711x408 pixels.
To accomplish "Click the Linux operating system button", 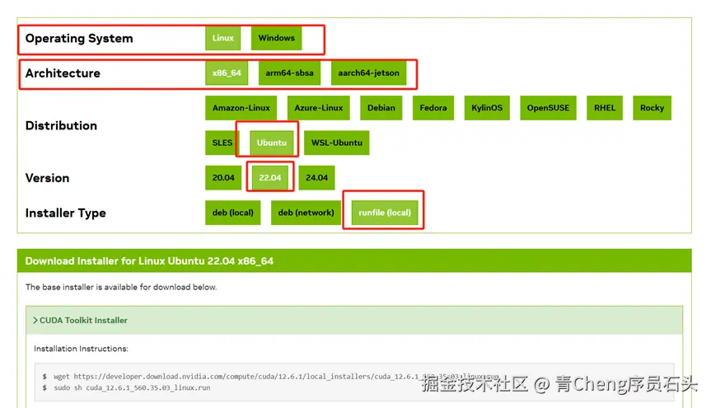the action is [223, 38].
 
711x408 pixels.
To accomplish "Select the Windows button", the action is [276, 38].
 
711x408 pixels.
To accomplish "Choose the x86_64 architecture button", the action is [227, 73].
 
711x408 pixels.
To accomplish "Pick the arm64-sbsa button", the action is [289, 73].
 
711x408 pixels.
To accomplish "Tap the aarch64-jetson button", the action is [368, 73].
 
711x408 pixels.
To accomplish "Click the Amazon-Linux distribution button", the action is [241, 108].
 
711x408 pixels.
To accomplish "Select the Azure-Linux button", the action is [319, 108].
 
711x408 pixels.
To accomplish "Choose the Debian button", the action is [381, 108].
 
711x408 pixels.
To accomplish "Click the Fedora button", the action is [433, 108].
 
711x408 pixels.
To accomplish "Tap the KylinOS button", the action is [487, 108].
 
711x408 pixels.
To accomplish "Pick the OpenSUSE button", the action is [548, 108].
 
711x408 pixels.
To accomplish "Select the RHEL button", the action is [605, 108].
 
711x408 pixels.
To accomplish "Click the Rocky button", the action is [652, 108].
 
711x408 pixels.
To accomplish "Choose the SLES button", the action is [222, 143].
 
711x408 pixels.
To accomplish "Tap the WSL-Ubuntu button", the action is [336, 143].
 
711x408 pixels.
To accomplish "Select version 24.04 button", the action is [316, 177].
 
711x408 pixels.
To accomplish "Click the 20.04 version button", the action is [223, 177].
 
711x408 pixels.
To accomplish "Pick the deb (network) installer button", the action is [306, 213].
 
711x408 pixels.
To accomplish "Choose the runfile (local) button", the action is [385, 213].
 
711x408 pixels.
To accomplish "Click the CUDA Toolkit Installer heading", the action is [83, 320].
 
